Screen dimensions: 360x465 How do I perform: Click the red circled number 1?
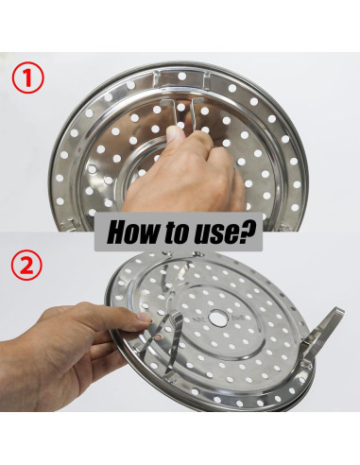[x=27, y=77]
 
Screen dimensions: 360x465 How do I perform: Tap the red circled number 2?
[x=26, y=265]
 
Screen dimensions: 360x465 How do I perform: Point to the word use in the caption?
[x=214, y=234]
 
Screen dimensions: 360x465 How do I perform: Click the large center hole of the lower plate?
[x=218, y=318]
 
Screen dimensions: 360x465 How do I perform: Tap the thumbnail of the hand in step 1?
[x=175, y=134]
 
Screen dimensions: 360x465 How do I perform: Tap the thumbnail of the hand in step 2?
[x=145, y=317]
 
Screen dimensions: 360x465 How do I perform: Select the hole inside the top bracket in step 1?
[x=181, y=76]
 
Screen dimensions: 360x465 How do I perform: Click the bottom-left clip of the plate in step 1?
[x=68, y=224]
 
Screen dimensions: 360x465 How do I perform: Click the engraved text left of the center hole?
[x=199, y=319]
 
